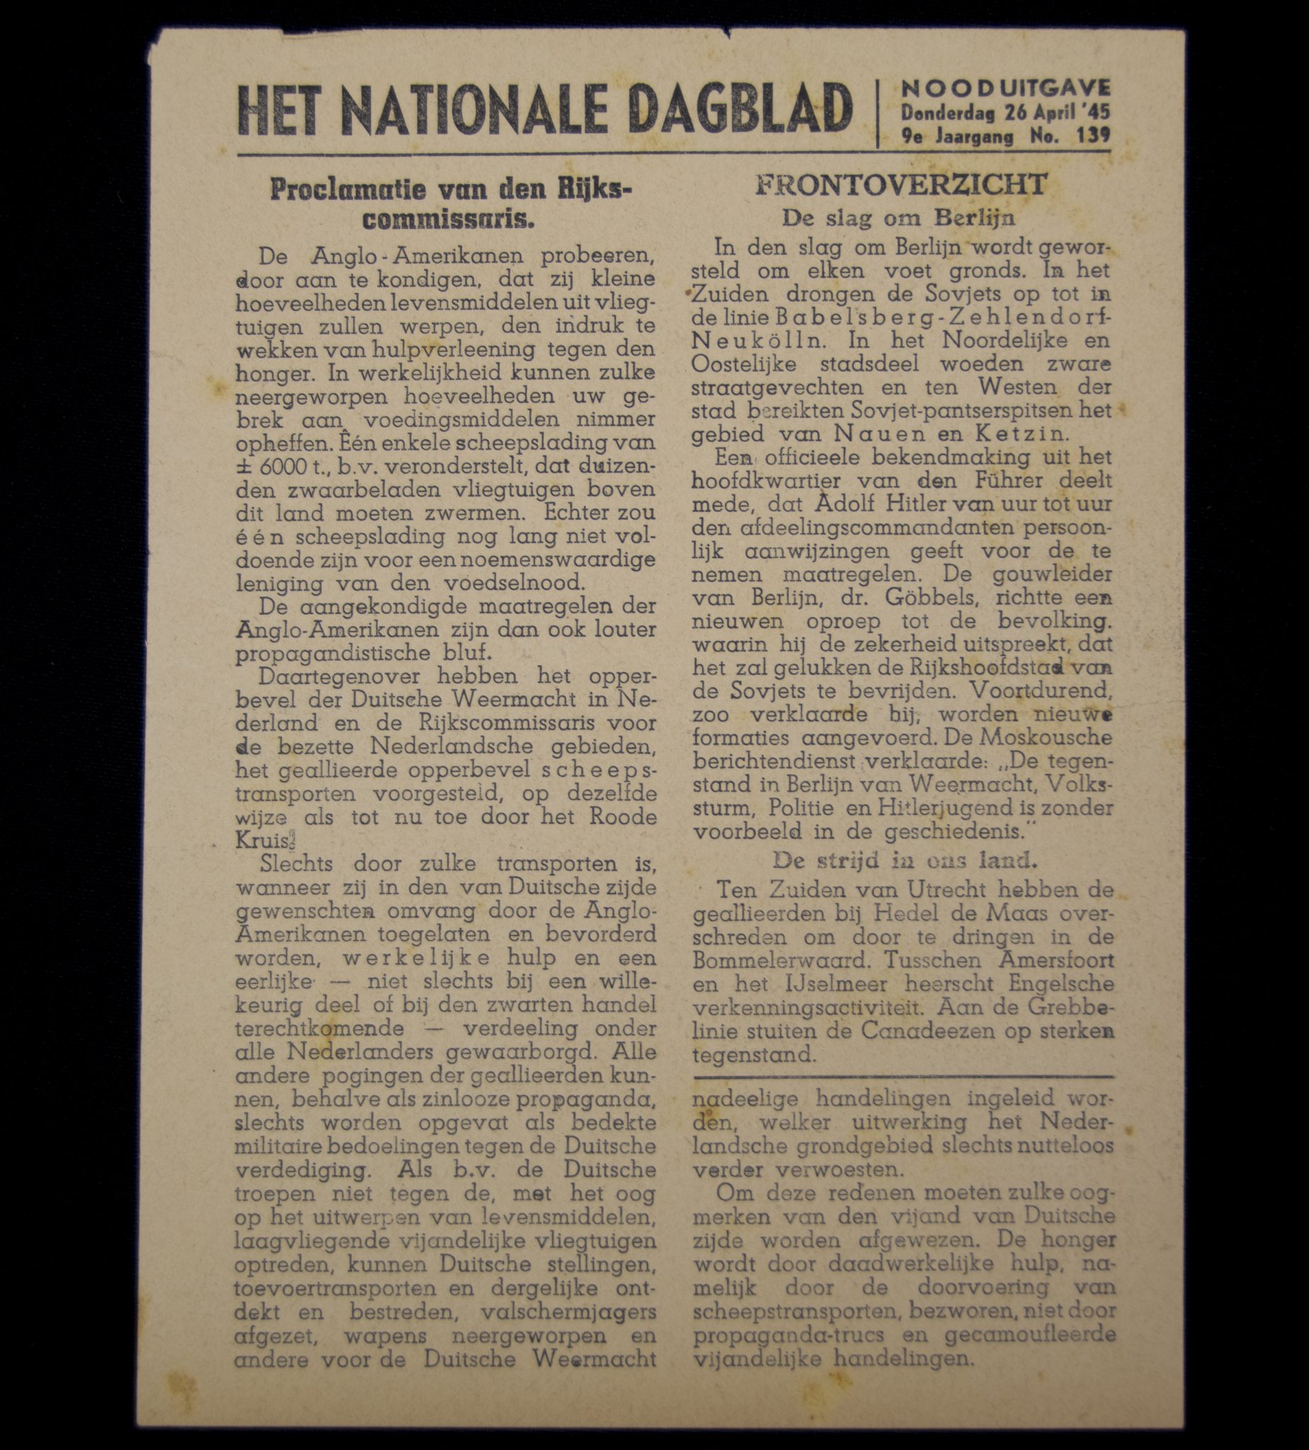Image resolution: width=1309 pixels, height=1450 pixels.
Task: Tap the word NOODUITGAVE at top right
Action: (1007, 88)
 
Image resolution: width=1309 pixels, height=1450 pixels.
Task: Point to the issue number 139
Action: (1094, 135)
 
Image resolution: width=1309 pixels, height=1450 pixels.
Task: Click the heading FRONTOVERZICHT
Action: (901, 185)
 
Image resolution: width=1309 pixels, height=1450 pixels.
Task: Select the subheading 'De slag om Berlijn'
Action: (899, 217)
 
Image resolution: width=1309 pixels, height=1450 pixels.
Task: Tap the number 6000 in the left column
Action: (283, 466)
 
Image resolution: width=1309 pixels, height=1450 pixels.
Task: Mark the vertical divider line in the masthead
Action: (878, 113)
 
